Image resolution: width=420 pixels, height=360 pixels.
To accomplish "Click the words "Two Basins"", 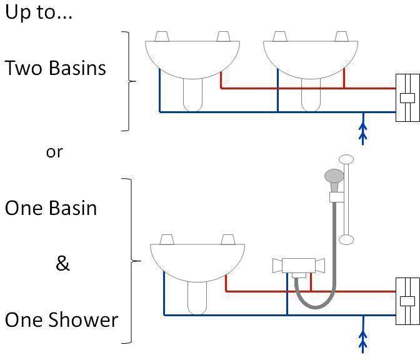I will [x=56, y=67].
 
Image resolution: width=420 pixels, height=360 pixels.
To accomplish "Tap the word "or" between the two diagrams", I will [x=54, y=152].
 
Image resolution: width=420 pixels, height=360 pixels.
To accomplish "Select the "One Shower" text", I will [x=61, y=320].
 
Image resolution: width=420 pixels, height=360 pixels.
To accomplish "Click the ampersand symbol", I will [x=62, y=264].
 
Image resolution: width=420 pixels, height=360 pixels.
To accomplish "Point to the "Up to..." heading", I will [x=39, y=12].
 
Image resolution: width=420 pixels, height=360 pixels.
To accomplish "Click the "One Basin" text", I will [x=51, y=207].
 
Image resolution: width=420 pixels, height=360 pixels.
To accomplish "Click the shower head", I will [x=335, y=177].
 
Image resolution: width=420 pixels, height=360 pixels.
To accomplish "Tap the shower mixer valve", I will [x=297, y=266].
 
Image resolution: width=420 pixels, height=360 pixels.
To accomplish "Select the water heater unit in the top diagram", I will [x=407, y=97].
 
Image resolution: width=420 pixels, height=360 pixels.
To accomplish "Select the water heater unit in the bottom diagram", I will [x=407, y=301].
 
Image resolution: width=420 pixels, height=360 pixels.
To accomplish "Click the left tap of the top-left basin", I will [x=161, y=37].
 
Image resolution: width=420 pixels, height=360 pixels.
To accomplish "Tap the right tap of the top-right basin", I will [x=341, y=37].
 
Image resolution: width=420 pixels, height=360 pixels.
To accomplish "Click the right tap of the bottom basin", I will [x=228, y=239].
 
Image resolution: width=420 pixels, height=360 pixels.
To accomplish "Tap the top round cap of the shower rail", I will [x=346, y=159].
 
